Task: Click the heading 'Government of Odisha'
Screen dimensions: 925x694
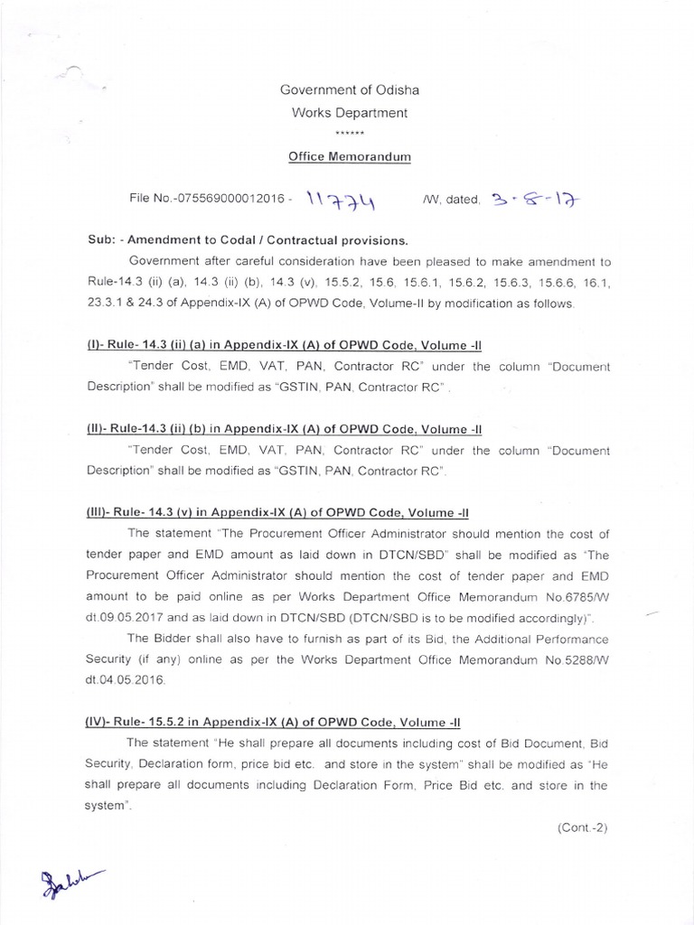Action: (x=349, y=90)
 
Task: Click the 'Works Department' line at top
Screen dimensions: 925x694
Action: (x=349, y=113)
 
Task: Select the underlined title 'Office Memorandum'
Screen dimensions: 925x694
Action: (x=349, y=156)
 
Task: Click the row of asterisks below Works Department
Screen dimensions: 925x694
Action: (x=348, y=133)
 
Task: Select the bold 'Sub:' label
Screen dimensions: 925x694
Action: (x=102, y=241)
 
